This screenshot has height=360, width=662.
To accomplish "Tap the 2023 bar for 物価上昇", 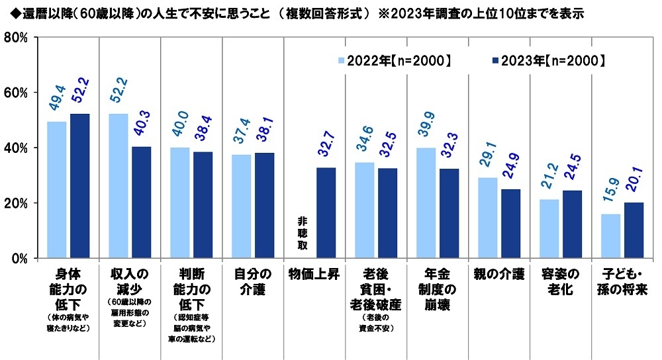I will coord(326,212).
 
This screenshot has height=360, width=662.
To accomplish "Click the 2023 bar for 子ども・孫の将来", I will coord(634,230).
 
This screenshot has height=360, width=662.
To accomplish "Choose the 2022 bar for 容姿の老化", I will coord(549,228).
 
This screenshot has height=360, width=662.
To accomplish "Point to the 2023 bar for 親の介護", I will coord(510,223).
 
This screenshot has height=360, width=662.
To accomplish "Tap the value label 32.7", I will coord(326,150).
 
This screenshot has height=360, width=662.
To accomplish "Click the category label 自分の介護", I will coord(252,272).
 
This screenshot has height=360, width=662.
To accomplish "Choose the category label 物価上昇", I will coord(314,272).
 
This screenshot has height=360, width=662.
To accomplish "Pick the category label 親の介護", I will coord(498,272).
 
